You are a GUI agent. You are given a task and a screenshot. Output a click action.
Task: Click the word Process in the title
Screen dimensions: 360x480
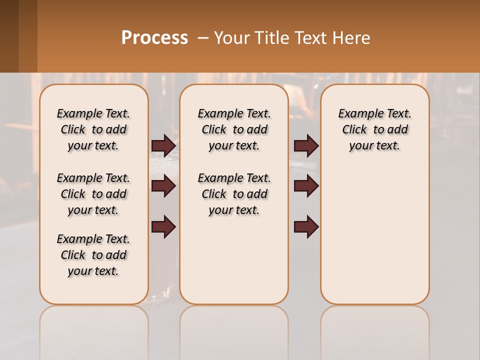(x=154, y=38)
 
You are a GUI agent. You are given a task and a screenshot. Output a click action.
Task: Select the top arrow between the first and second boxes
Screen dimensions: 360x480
(x=163, y=145)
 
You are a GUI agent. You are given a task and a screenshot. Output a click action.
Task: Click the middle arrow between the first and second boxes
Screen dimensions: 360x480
(x=163, y=186)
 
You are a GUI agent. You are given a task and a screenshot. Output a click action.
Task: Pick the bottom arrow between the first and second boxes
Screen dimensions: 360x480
(x=163, y=227)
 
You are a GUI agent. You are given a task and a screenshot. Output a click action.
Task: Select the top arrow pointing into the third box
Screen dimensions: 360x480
(x=306, y=145)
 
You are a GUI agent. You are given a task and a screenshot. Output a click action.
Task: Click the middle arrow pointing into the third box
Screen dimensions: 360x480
(x=306, y=186)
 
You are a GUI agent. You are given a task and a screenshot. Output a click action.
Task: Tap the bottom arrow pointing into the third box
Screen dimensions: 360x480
(x=306, y=227)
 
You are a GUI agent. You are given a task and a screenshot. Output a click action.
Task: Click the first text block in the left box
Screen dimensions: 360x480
(x=93, y=129)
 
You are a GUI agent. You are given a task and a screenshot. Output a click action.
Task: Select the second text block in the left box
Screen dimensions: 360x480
(x=93, y=194)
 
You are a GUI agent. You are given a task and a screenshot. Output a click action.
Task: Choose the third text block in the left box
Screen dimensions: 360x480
(x=93, y=255)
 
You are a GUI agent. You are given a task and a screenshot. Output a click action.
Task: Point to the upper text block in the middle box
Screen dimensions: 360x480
(x=234, y=129)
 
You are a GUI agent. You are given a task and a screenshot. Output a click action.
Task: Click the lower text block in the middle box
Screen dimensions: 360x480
(x=234, y=194)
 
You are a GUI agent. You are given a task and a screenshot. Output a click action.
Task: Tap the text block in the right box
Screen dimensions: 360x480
(x=374, y=129)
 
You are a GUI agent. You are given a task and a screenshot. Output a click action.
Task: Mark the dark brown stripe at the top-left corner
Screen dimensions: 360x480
(x=9, y=36)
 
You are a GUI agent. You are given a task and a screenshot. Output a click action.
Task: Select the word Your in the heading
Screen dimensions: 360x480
(x=229, y=38)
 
